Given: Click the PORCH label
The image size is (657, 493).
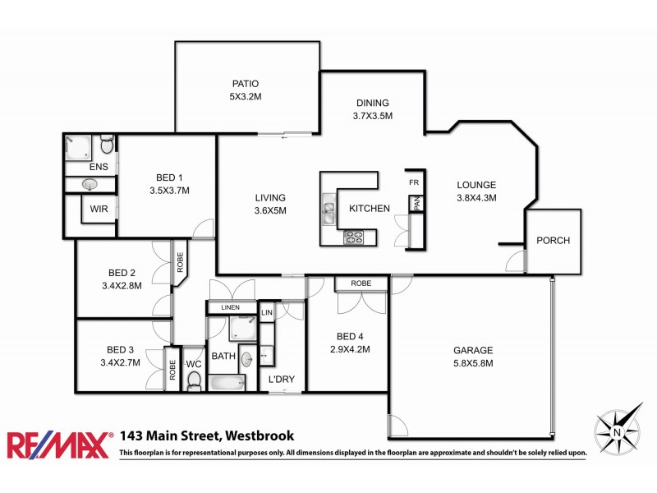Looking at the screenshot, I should click(553, 241).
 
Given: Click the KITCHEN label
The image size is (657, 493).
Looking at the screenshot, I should click(370, 209).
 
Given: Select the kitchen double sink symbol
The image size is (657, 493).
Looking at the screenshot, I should click(330, 213).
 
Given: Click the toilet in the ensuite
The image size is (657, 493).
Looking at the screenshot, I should click(106, 146).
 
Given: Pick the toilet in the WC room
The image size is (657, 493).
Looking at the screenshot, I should click(195, 380).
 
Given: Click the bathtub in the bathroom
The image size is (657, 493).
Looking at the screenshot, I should click(226, 383).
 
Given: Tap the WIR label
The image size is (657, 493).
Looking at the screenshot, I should click(99, 209).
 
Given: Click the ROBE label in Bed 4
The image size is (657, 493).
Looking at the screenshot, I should click(361, 283).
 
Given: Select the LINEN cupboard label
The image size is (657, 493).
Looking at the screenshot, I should click(231, 307).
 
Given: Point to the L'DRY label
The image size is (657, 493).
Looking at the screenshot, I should click(282, 380).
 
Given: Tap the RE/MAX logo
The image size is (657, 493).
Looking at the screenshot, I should click(59, 445).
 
